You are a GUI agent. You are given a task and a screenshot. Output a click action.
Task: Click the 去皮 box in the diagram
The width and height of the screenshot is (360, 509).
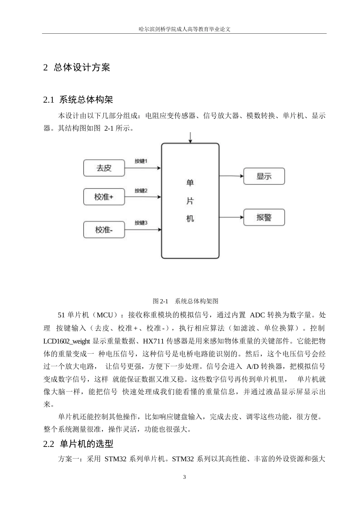(x=104, y=168)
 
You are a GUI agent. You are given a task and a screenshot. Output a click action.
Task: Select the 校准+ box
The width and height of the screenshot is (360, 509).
(x=104, y=197)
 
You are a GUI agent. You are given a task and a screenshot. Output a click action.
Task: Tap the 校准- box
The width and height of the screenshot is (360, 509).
(x=104, y=230)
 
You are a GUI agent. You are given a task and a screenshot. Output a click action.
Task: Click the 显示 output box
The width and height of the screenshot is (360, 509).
(x=264, y=176)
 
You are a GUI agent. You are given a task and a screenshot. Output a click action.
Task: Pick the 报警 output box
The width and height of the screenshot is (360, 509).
(x=264, y=217)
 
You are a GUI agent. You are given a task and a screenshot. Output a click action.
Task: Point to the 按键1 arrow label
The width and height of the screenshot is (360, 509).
(x=141, y=161)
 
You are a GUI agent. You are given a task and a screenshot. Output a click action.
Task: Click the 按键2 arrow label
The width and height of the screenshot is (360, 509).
(x=141, y=190)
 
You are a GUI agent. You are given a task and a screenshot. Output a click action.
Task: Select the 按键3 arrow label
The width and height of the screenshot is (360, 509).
(x=141, y=223)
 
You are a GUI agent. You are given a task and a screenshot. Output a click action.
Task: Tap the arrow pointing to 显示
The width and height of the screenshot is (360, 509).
(x=231, y=176)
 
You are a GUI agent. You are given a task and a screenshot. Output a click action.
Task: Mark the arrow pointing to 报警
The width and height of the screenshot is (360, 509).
(x=231, y=217)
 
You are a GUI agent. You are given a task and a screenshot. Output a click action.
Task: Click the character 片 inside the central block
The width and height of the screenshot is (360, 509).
(x=190, y=201)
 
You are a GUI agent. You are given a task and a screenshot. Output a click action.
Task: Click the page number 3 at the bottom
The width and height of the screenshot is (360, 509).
(x=185, y=477)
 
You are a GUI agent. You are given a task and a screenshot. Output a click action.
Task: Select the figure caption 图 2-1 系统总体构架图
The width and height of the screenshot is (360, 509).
(x=185, y=301)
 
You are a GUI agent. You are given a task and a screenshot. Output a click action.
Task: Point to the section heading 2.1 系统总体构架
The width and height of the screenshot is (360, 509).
(x=78, y=100)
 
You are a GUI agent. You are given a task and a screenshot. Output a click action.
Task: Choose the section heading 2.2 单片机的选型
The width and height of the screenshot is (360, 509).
(x=78, y=444)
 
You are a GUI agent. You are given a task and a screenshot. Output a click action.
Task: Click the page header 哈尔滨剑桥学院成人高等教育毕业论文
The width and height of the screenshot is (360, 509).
(x=185, y=29)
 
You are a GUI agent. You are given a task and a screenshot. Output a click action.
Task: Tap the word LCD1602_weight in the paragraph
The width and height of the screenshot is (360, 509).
(x=67, y=341)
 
